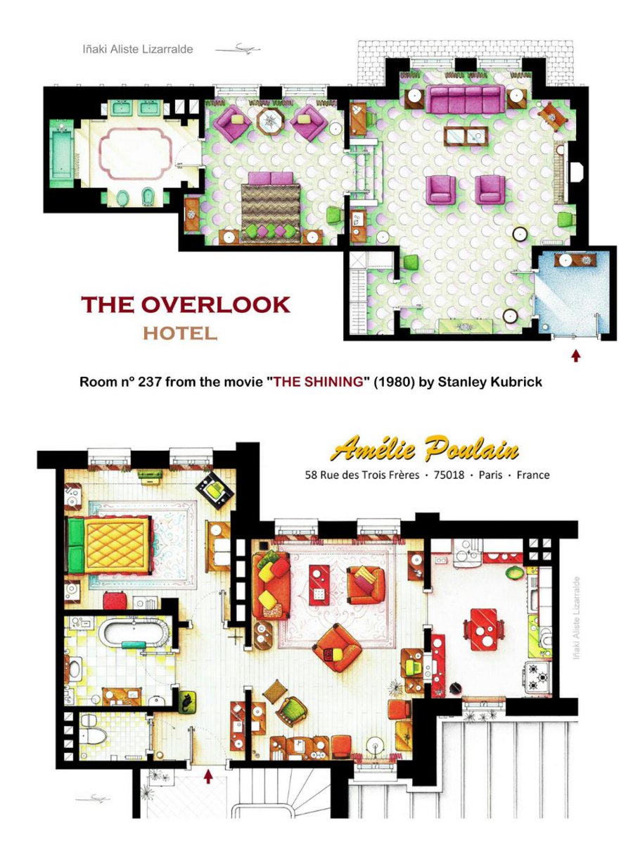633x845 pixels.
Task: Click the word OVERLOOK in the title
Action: (x=215, y=304)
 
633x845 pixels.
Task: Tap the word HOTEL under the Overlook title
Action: (x=180, y=333)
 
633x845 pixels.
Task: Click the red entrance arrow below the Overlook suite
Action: (x=575, y=356)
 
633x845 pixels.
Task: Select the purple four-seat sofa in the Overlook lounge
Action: (x=466, y=99)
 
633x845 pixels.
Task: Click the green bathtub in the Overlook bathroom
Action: (x=61, y=153)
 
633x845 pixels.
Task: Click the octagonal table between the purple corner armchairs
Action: (x=270, y=122)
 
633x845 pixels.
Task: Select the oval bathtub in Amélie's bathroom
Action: (x=134, y=634)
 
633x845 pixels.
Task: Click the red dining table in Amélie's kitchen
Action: (x=483, y=630)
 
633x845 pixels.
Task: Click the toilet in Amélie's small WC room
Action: (x=93, y=736)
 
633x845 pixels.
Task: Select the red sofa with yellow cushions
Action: (x=271, y=587)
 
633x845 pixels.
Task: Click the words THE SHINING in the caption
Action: (x=318, y=382)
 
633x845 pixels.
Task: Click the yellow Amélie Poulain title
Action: (x=425, y=449)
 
